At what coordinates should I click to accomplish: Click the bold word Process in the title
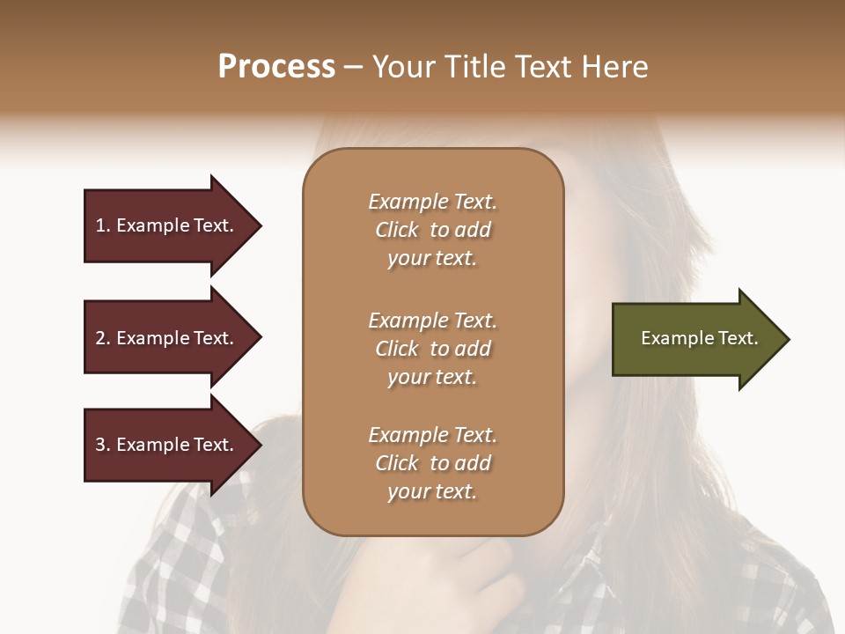tap(276, 67)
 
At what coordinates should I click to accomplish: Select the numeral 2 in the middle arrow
tap(100, 338)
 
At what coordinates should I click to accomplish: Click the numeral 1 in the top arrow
tap(100, 225)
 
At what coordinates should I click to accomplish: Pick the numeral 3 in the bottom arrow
tap(100, 445)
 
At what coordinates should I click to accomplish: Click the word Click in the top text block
tap(397, 230)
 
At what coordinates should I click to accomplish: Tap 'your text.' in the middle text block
tap(432, 377)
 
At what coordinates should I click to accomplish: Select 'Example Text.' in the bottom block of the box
tap(432, 435)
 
